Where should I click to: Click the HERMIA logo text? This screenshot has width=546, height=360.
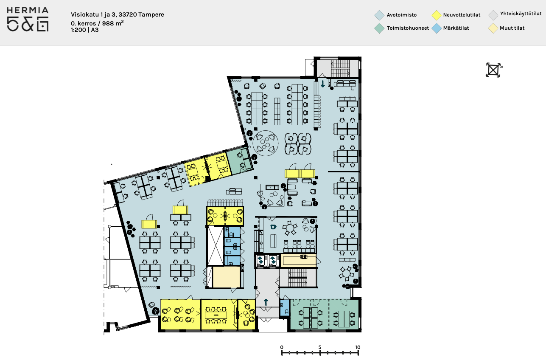(x=27, y=10)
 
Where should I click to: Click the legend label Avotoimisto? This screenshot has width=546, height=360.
(x=401, y=15)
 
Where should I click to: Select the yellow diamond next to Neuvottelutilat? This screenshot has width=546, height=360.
(x=436, y=15)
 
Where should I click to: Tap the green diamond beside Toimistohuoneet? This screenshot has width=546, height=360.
(x=379, y=28)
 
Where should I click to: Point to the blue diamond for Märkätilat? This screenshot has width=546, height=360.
(x=436, y=28)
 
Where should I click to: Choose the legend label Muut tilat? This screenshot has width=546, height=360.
(x=512, y=28)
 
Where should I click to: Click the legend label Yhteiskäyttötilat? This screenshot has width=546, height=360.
(x=521, y=14)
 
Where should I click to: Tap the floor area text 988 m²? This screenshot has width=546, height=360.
(x=113, y=23)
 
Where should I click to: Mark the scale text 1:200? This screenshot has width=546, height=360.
(x=78, y=30)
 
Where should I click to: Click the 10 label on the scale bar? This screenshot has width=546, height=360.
(x=358, y=347)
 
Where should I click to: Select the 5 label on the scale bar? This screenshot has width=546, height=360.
(x=320, y=347)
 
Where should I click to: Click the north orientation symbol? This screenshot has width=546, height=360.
(x=493, y=70)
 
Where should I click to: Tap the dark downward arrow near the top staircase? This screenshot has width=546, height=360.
(x=323, y=84)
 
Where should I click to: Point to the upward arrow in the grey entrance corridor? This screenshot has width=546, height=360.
(x=266, y=302)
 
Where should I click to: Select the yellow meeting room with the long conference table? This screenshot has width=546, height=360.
(x=219, y=315)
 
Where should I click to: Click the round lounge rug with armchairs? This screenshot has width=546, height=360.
(x=266, y=143)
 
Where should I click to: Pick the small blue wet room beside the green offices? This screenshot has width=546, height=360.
(x=284, y=308)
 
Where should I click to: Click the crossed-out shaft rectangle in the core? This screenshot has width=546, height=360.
(x=215, y=246)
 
